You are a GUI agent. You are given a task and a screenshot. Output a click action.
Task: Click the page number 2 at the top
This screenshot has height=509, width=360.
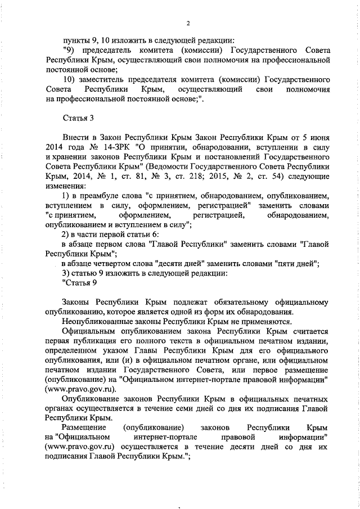[x=188, y=23]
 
